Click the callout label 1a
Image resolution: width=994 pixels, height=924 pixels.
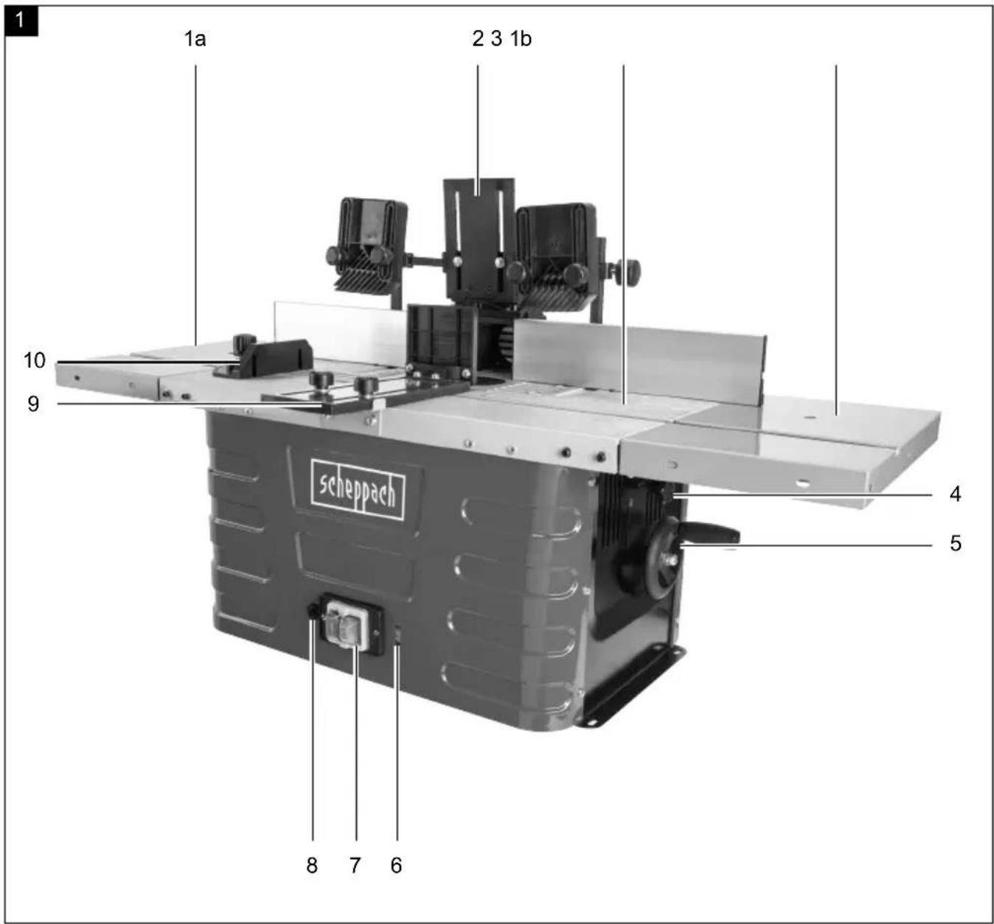coord(195,39)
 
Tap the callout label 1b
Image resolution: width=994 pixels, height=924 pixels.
coord(521,39)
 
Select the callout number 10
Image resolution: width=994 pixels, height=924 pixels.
coord(35,360)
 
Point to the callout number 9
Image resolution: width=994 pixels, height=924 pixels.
coord(33,404)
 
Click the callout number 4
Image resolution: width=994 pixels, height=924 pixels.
coord(955,494)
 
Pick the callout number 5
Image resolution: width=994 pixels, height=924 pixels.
coord(956,543)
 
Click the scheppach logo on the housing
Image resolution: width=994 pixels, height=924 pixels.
coord(358,490)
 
